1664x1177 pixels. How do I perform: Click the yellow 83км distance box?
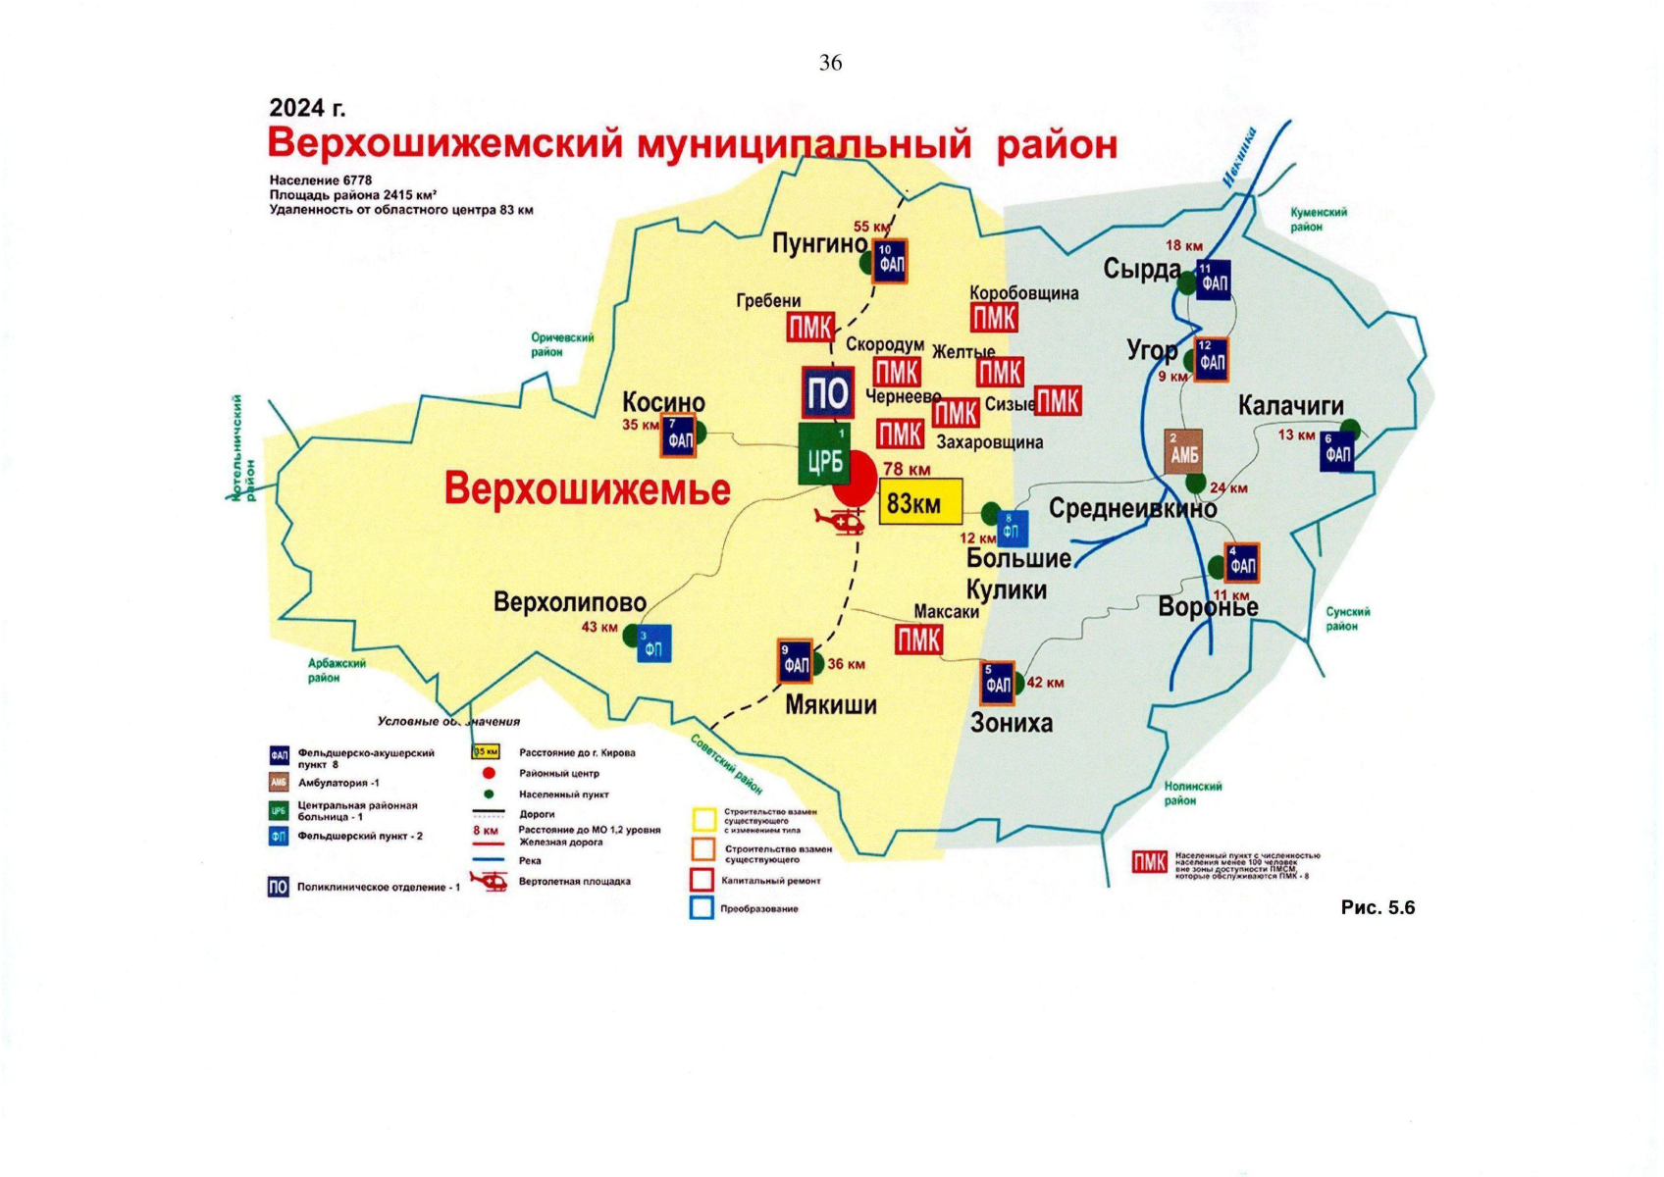pyautogui.click(x=919, y=502)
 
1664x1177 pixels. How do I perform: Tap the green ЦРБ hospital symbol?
pyautogui.click(x=824, y=454)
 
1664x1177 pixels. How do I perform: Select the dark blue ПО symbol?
pyautogui.click(x=827, y=393)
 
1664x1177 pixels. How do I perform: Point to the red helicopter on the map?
pyautogui.click(x=841, y=521)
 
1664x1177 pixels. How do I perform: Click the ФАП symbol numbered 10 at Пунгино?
pyautogui.click(x=890, y=261)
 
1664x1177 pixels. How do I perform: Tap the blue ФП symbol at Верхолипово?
pyautogui.click(x=653, y=643)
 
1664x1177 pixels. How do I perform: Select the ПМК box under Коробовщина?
pyautogui.click(x=994, y=318)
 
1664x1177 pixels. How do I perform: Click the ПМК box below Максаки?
pyautogui.click(x=918, y=640)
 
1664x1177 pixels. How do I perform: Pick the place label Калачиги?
pyautogui.click(x=1291, y=406)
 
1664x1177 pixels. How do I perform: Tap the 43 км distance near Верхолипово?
pyautogui.click(x=599, y=627)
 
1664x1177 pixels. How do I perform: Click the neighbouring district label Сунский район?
pyautogui.click(x=1347, y=618)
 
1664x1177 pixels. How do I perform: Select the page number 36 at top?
pyautogui.click(x=830, y=63)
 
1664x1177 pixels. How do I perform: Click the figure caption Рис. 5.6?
pyautogui.click(x=1378, y=907)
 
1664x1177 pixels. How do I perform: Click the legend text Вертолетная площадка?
pyautogui.click(x=574, y=881)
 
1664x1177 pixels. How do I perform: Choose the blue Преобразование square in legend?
pyautogui.click(x=702, y=907)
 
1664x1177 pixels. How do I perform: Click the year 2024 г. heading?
pyautogui.click(x=307, y=108)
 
